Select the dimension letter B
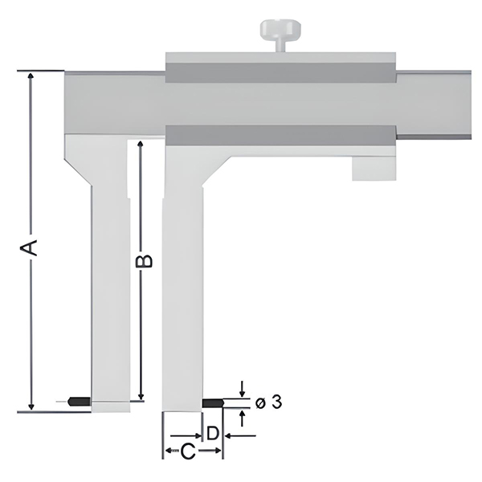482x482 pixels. click(x=142, y=261)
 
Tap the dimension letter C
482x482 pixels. click(x=186, y=452)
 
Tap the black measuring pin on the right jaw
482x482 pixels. click(x=214, y=401)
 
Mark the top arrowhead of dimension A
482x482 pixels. click(x=31, y=76)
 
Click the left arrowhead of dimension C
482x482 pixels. click(x=168, y=452)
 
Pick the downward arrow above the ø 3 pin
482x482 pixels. click(x=243, y=391)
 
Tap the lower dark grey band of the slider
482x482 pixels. click(x=281, y=134)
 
